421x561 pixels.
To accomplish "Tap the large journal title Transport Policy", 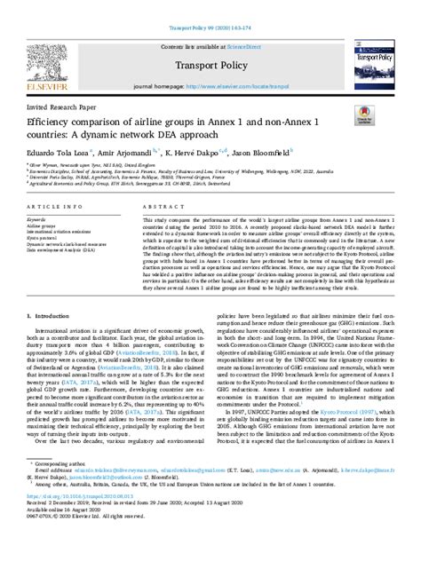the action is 210,64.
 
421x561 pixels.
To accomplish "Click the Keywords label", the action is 42,241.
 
